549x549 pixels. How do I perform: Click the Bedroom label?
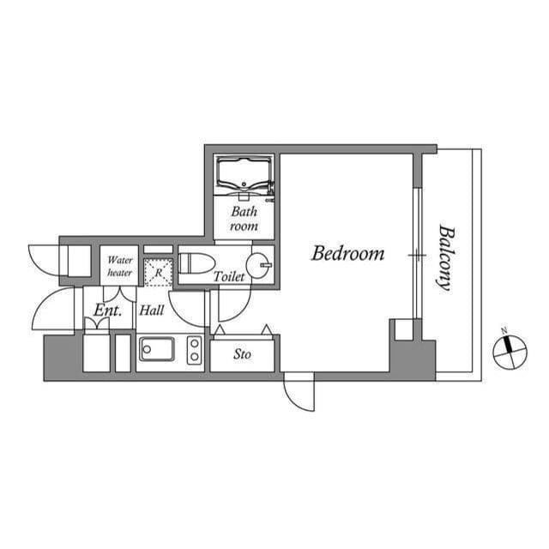coord(347,254)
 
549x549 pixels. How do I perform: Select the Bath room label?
coord(244,219)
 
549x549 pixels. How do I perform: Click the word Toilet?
coord(229,277)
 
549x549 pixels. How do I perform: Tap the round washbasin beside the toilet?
coord(257,262)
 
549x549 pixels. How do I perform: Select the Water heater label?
coord(119,265)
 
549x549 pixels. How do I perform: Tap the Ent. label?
coord(107,311)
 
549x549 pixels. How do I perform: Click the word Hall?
coord(152,311)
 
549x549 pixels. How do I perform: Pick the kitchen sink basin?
coord(157,350)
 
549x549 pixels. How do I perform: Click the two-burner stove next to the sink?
coord(195,351)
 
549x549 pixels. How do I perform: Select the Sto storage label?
coord(243,353)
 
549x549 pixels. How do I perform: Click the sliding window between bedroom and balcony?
coord(414,255)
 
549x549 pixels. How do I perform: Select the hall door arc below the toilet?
coord(189,307)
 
